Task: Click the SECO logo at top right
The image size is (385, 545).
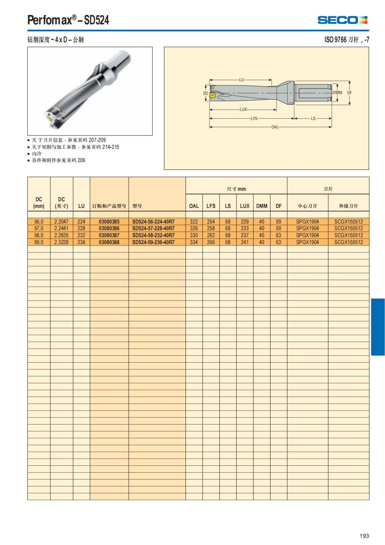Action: (x=342, y=20)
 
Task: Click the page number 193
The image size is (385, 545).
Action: (x=364, y=536)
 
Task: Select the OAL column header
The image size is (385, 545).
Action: (x=194, y=206)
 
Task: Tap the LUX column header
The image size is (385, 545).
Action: (x=244, y=206)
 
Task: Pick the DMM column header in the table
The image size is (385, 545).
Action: (x=261, y=206)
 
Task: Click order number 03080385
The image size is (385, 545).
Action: (x=109, y=222)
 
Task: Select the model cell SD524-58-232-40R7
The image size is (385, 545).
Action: (x=153, y=235)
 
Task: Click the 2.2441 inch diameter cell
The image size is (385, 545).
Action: (x=61, y=228)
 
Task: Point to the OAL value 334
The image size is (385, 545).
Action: (x=194, y=242)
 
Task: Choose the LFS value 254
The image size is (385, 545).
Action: (x=211, y=222)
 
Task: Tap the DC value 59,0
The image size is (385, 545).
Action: (x=39, y=242)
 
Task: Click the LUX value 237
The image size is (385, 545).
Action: (x=244, y=235)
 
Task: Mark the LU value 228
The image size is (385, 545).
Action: (x=81, y=228)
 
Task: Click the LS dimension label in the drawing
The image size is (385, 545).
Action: (x=313, y=119)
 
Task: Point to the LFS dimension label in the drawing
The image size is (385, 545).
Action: (x=254, y=119)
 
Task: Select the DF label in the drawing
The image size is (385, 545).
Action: (x=350, y=92)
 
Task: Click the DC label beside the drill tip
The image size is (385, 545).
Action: (x=206, y=93)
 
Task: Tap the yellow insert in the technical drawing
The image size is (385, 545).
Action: (x=212, y=95)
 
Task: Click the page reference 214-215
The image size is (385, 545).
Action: (x=110, y=147)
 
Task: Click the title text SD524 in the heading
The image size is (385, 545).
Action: (x=97, y=20)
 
